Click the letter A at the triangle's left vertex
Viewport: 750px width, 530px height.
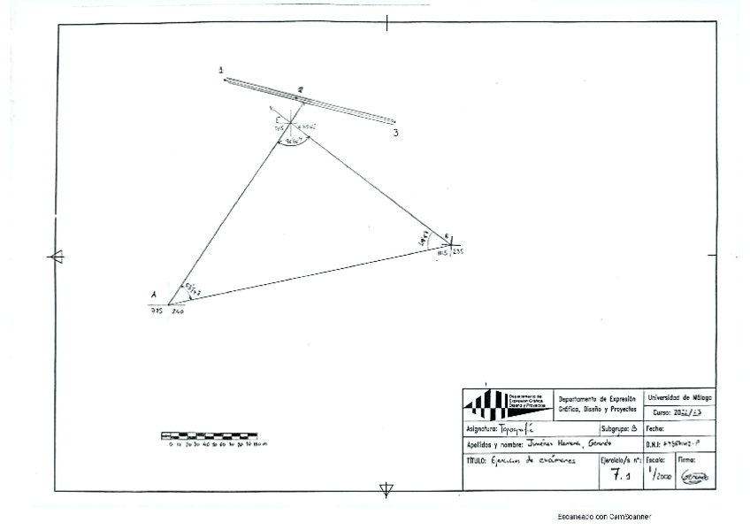point(154,296)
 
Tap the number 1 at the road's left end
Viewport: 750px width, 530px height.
point(221,69)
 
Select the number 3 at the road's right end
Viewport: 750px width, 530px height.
point(396,133)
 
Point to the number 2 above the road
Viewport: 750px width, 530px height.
point(301,89)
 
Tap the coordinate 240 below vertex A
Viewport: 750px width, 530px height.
point(177,311)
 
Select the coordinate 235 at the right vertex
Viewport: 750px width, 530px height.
point(457,253)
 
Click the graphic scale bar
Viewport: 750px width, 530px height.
point(209,435)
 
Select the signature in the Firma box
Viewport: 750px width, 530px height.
point(694,475)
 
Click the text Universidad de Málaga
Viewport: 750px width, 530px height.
point(682,397)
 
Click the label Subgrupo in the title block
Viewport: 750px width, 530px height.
point(606,427)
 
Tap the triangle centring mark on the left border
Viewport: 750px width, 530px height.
point(55,257)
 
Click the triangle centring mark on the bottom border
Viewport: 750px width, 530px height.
point(386,491)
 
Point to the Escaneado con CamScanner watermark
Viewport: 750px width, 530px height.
point(604,515)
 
